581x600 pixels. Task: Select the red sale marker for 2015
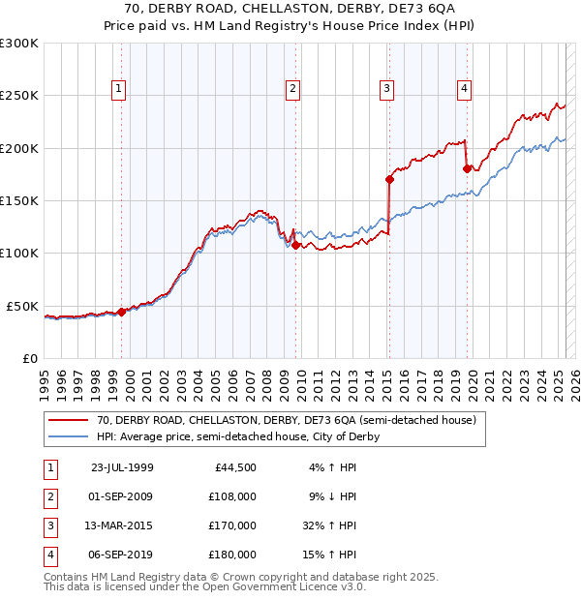click(x=389, y=179)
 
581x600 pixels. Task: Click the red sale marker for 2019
click(x=467, y=168)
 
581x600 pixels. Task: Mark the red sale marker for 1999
click(x=122, y=312)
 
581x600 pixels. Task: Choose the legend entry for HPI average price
click(x=237, y=436)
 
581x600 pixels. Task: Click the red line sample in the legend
click(x=69, y=421)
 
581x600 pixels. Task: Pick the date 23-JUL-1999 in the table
click(x=122, y=467)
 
